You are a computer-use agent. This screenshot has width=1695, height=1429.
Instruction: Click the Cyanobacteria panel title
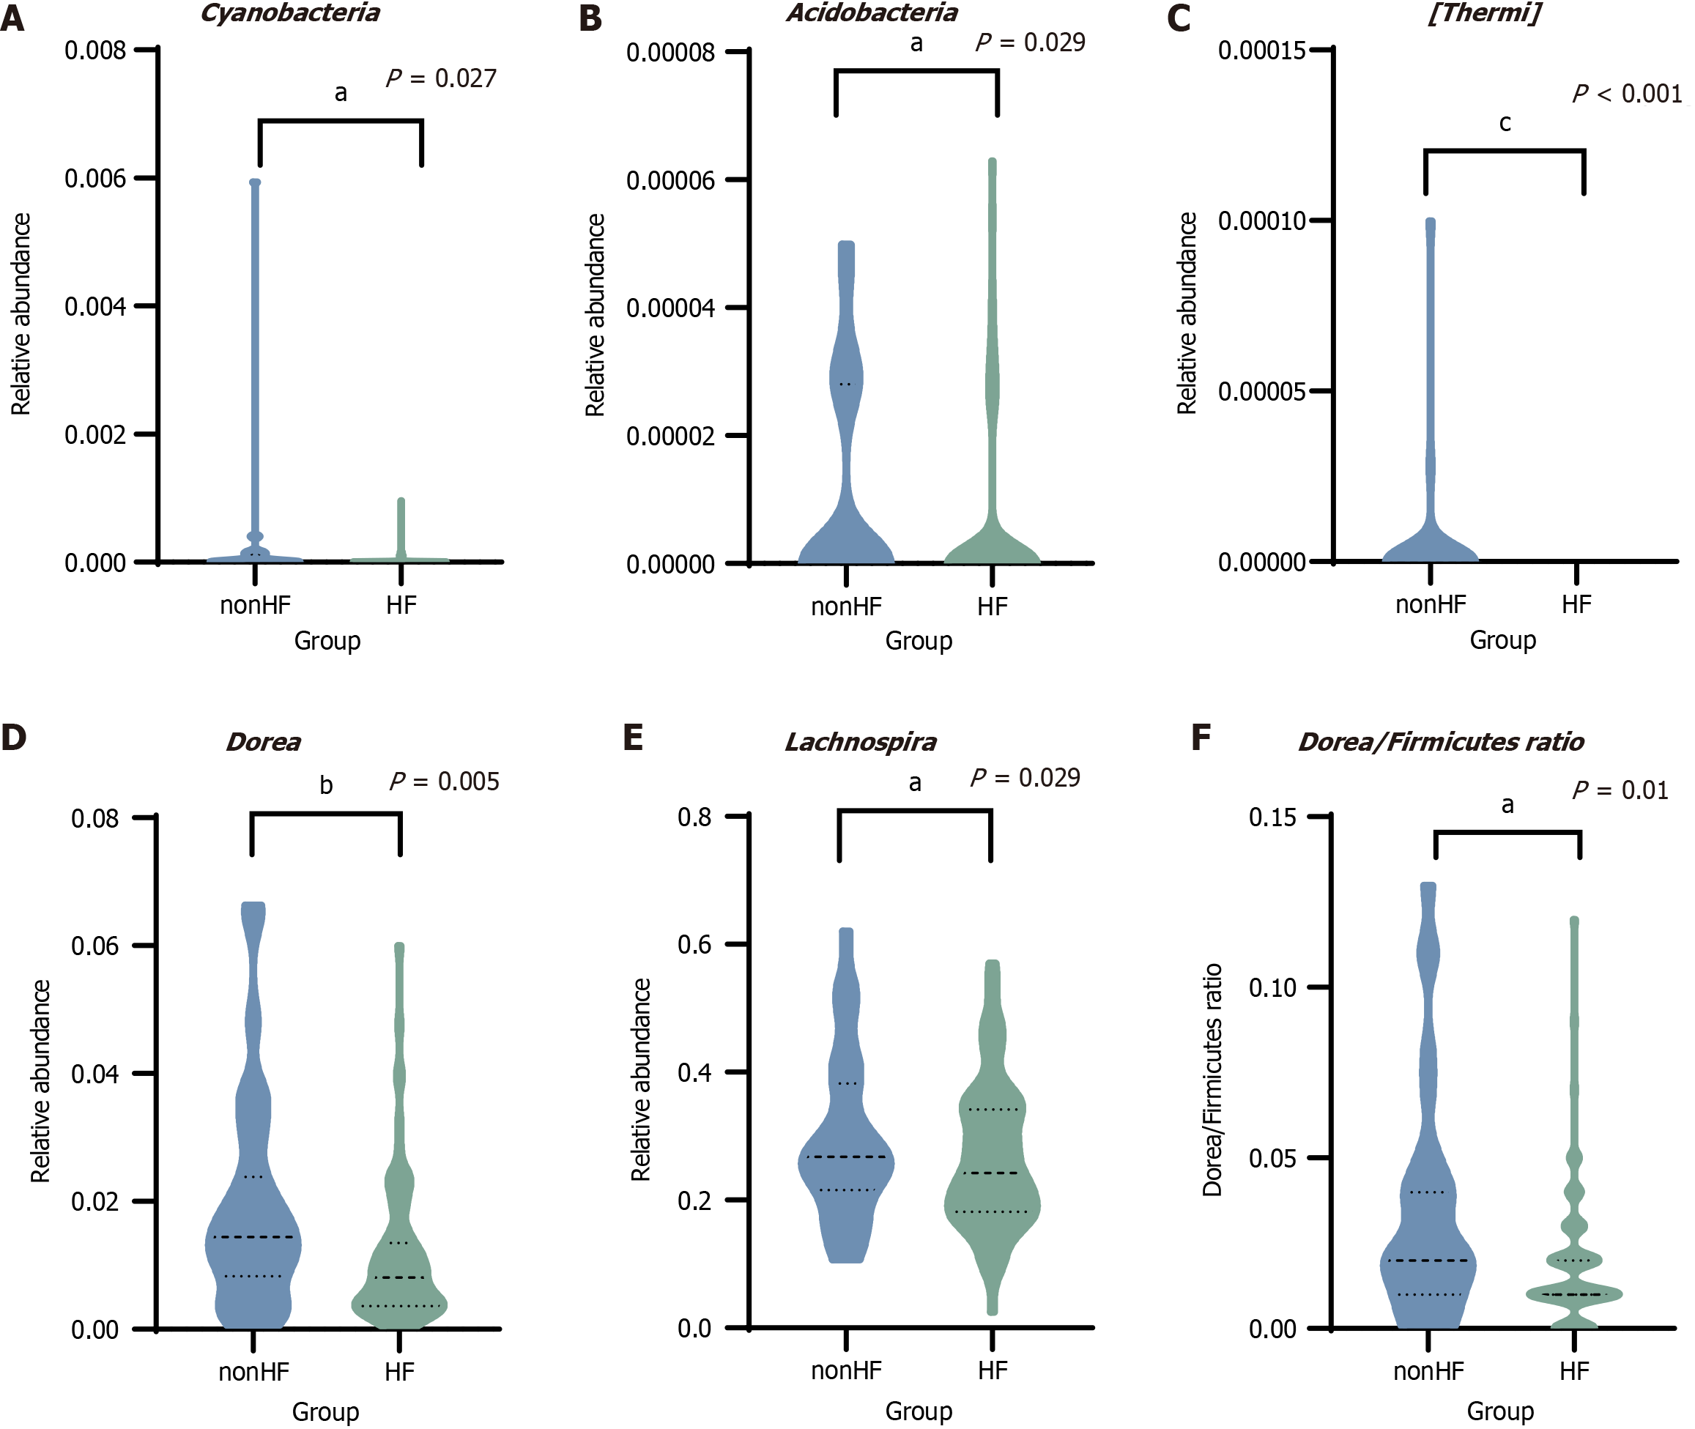pos(290,13)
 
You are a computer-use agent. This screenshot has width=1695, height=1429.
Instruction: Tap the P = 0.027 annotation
pos(441,78)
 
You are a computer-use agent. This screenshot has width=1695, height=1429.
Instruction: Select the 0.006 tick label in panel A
pos(96,178)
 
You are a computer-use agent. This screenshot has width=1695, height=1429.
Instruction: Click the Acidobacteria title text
pos(872,13)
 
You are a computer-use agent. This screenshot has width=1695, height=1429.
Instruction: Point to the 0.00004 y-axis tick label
pos(670,308)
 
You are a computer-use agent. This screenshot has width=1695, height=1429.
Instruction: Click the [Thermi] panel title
pos(1483,13)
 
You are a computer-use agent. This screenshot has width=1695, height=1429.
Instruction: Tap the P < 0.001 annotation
pos(1627,94)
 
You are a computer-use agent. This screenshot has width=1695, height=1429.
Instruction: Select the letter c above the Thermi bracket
pos(1505,123)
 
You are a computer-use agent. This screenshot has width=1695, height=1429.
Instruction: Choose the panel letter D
pos(14,737)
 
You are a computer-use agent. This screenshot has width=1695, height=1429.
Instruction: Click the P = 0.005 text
pos(444,782)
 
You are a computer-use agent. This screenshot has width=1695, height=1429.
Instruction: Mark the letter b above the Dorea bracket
pos(326,785)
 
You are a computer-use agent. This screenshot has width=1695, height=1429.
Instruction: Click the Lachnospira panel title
pos(861,742)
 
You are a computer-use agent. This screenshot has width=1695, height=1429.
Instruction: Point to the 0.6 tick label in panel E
pos(694,944)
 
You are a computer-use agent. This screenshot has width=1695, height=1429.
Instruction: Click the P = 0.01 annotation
pos(1620,790)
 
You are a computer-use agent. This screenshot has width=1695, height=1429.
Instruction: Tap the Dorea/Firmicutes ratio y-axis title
pos(1212,1080)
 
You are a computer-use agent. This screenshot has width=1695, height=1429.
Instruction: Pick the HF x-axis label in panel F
pos(1573,1371)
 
